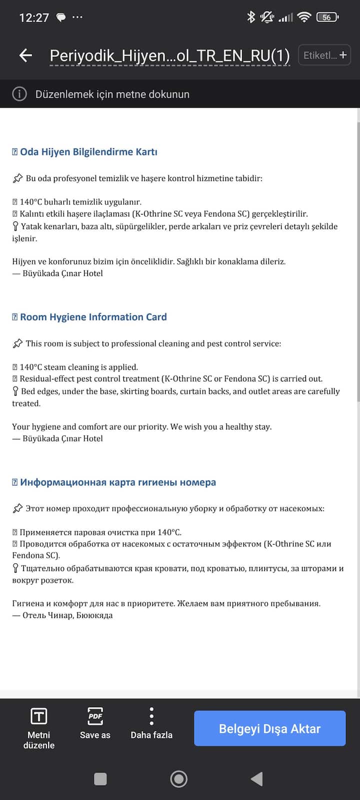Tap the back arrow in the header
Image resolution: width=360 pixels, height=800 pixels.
(25, 55)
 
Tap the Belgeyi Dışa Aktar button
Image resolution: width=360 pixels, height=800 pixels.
(269, 728)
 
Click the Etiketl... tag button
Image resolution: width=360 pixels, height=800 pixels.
(324, 55)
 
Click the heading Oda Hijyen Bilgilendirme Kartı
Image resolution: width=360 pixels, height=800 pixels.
(88, 152)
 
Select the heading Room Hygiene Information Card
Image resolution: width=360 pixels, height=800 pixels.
(93, 317)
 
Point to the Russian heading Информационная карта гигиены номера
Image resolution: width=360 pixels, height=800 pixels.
(118, 482)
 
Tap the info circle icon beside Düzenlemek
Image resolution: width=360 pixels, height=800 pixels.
(19, 94)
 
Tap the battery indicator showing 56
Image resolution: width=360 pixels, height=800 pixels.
(327, 17)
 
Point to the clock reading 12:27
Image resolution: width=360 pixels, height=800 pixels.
(34, 18)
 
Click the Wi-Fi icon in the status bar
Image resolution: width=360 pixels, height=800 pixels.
(304, 17)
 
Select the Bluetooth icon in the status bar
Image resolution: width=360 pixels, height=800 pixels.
(251, 17)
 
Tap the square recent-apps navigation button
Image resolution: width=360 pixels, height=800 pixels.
(100, 779)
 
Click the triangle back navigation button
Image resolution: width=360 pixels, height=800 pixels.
(257, 779)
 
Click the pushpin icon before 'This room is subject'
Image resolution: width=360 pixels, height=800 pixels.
(17, 343)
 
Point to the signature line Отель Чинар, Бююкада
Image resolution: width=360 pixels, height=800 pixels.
(67, 615)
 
